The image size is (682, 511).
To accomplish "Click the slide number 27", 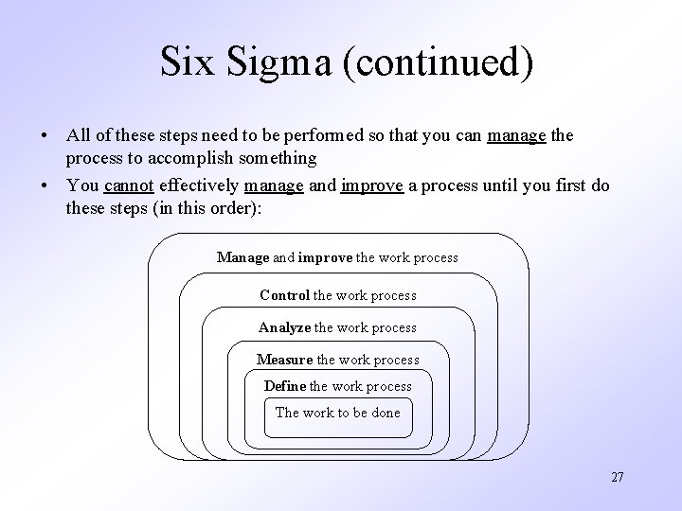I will pyautogui.click(x=618, y=478).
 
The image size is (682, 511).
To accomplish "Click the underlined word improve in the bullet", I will pyautogui.click(x=371, y=186).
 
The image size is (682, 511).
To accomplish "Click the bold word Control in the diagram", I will pyautogui.click(x=284, y=295).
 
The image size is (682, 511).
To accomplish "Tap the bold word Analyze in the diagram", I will pyautogui.click(x=284, y=327).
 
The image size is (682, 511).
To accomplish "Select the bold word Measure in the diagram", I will pyautogui.click(x=284, y=360).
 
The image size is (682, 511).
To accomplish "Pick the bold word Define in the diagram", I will pyautogui.click(x=284, y=386).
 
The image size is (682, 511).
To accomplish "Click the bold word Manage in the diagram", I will pyautogui.click(x=243, y=257).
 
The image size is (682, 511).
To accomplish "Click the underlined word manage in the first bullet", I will pyautogui.click(x=516, y=136).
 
